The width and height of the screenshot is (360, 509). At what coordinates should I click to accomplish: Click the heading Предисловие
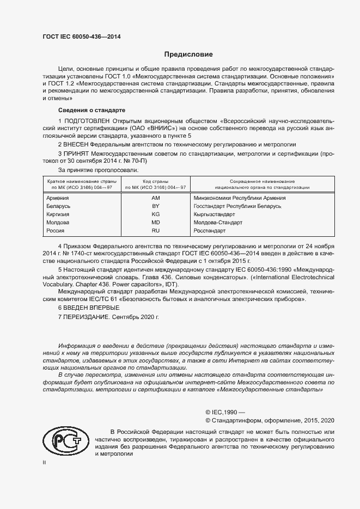(189, 54)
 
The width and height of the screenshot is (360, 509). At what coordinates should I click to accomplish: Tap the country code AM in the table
(155, 198)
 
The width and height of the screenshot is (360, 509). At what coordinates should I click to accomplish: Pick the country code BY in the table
(155, 206)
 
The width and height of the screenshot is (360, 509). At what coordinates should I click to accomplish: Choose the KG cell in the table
(155, 214)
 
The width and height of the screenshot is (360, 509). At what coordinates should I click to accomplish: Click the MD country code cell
(155, 223)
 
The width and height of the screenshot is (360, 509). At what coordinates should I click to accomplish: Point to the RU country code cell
(155, 231)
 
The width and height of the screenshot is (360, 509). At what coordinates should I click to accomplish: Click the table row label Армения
(58, 198)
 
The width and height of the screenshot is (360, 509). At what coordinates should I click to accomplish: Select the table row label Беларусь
(59, 206)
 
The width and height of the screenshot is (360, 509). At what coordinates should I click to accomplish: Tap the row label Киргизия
(59, 214)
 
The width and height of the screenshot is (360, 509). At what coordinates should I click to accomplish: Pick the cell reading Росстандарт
(209, 231)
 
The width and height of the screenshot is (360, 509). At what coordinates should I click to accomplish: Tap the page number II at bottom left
(45, 462)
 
